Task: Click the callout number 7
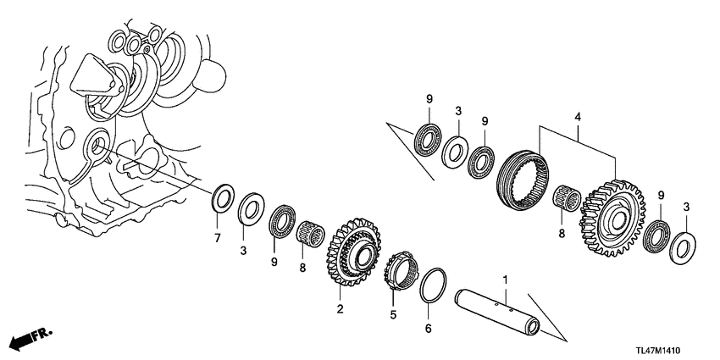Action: click(217, 238)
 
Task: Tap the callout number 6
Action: click(428, 328)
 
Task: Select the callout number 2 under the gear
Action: click(340, 309)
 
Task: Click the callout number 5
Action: click(391, 315)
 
